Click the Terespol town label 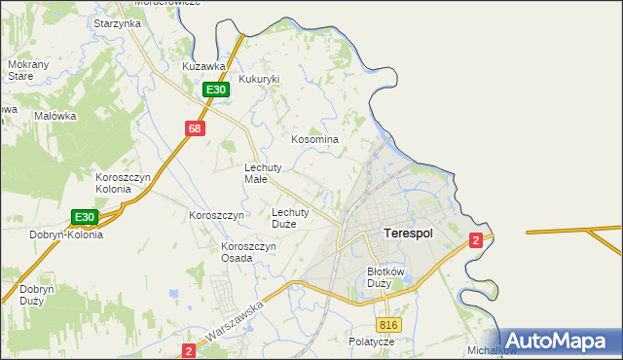pyautogui.click(x=408, y=234)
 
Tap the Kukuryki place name pyautogui.click(x=259, y=79)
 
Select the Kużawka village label pyautogui.click(x=204, y=66)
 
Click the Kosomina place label pyautogui.click(x=314, y=139)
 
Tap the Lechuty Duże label pyautogui.click(x=290, y=217)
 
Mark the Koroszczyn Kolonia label pyautogui.click(x=122, y=183)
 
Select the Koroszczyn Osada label pyautogui.click(x=249, y=252)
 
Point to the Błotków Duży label pyautogui.click(x=385, y=278)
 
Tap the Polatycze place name pyautogui.click(x=371, y=342)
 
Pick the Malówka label pyautogui.click(x=55, y=116)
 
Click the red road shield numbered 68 pyautogui.click(x=195, y=128)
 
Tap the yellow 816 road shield pyautogui.click(x=389, y=325)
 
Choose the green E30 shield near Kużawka pyautogui.click(x=216, y=90)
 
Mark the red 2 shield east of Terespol pyautogui.click(x=475, y=240)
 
